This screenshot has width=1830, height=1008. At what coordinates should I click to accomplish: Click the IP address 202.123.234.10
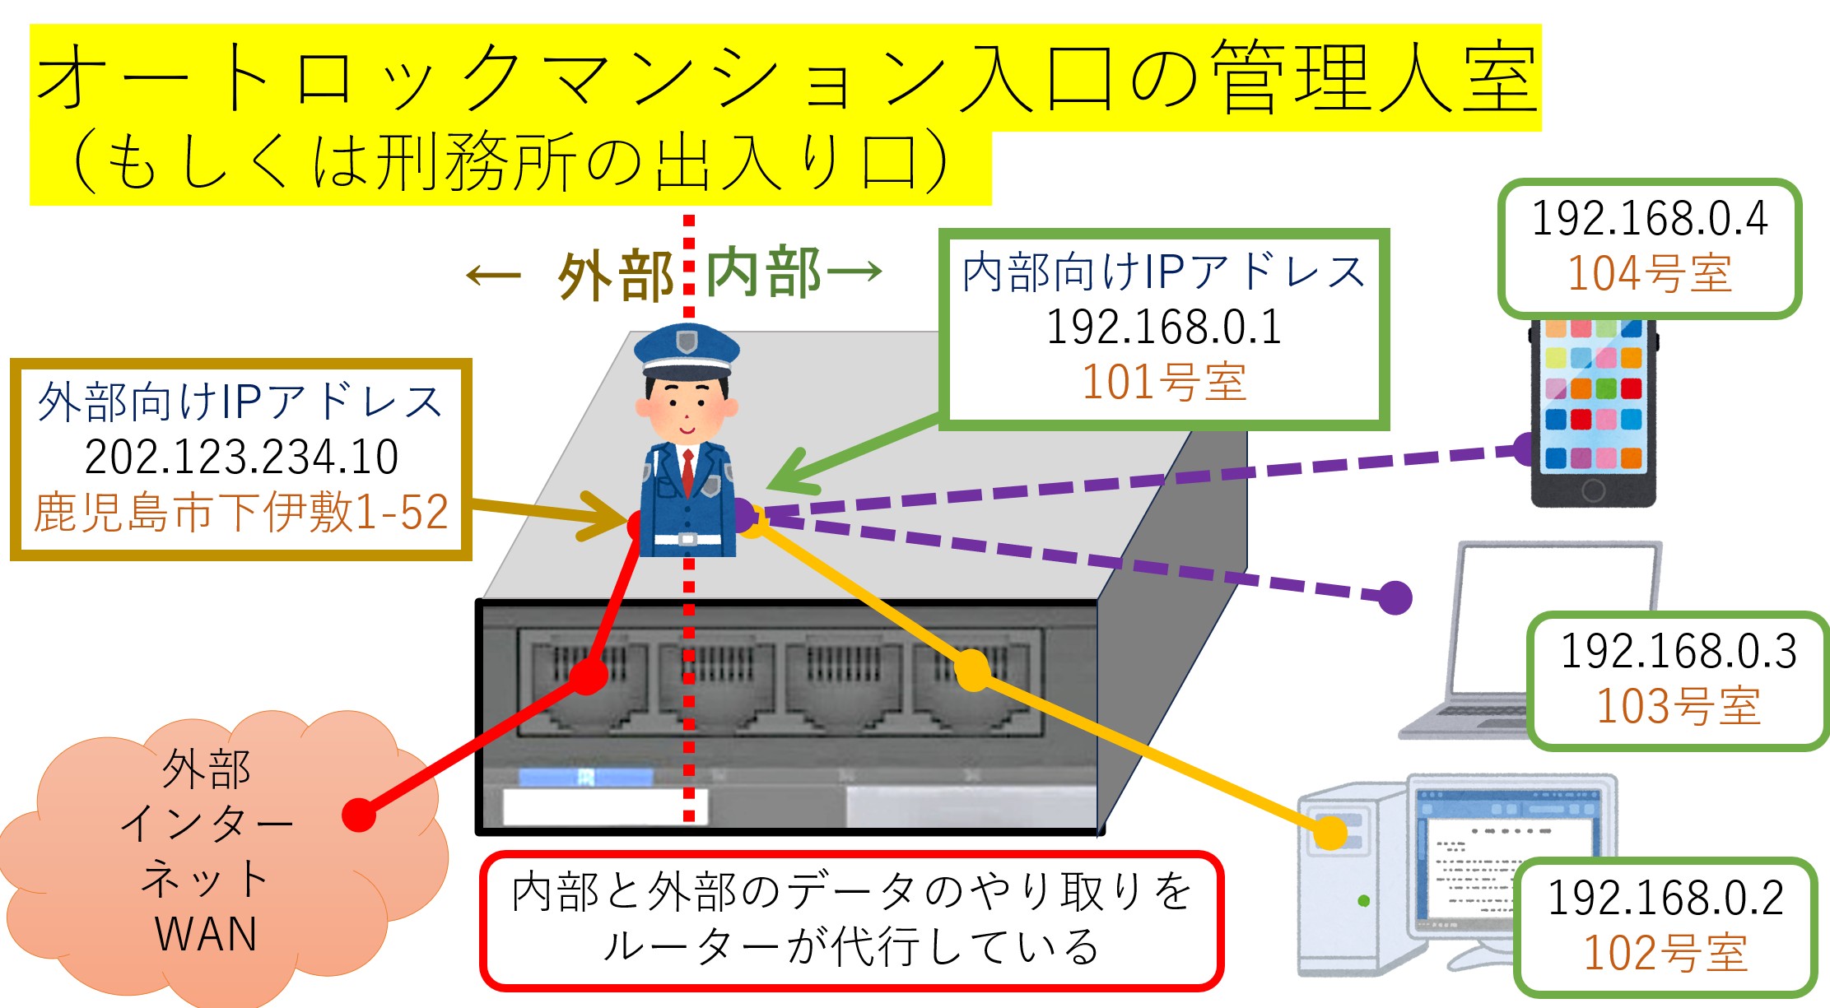[x=241, y=458]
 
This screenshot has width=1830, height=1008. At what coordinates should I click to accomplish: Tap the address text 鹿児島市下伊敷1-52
[x=240, y=512]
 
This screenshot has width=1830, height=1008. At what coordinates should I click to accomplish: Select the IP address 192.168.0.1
[x=1163, y=327]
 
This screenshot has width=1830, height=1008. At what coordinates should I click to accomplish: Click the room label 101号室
[x=1163, y=383]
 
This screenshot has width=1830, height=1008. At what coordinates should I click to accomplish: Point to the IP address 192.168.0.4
[x=1649, y=219]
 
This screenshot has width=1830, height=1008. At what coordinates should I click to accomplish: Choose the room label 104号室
[x=1649, y=274]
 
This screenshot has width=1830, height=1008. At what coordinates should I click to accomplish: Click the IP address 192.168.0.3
[x=1678, y=652]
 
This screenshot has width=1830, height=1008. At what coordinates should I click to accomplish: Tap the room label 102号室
[x=1665, y=953]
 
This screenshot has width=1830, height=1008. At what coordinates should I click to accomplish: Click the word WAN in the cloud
[x=206, y=934]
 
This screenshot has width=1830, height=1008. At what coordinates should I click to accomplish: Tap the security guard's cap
[x=687, y=349]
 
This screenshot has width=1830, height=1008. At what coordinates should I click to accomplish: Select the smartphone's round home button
[x=1593, y=490]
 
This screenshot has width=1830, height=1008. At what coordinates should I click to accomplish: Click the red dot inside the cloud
[x=359, y=815]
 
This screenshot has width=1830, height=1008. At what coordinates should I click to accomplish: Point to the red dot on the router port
[x=588, y=676]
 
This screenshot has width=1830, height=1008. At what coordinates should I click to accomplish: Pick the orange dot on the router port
[x=972, y=670]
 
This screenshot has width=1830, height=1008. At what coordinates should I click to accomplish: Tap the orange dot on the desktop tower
[x=1329, y=833]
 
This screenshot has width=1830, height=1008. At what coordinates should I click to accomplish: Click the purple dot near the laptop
[x=1395, y=597]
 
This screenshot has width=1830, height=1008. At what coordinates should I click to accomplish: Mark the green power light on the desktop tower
[x=1363, y=901]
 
